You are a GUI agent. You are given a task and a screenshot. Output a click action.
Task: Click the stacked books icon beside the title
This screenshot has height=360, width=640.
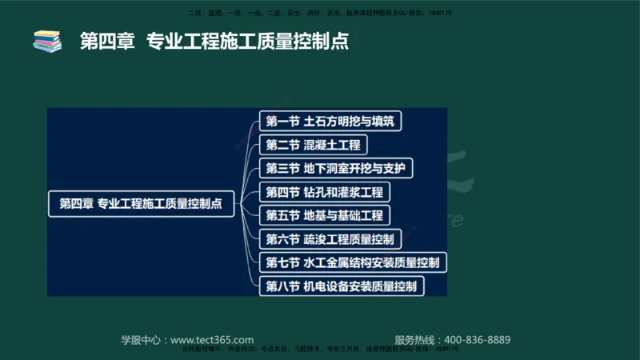click(x=47, y=41)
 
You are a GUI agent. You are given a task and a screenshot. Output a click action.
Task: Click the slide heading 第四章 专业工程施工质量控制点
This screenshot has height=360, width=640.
click(x=214, y=41)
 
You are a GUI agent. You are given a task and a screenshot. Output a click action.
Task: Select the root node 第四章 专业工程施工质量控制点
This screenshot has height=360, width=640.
click(x=141, y=204)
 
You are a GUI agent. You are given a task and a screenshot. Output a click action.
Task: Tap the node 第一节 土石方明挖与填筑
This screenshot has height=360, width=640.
click(x=330, y=122)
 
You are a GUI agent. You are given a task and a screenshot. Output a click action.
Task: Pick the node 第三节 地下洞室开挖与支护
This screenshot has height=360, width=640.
click(x=336, y=169)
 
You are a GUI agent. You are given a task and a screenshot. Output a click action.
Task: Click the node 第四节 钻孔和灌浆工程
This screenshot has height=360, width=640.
click(x=324, y=192)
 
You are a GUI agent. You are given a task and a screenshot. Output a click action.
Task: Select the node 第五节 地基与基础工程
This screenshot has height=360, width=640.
click(x=324, y=215)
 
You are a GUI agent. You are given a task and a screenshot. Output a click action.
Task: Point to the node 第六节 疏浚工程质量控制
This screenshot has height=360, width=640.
click(x=330, y=239)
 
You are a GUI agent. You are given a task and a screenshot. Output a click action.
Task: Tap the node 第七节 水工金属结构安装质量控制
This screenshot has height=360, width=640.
click(x=352, y=262)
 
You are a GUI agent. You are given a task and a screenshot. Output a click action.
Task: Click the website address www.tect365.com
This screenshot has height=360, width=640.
click(x=212, y=340)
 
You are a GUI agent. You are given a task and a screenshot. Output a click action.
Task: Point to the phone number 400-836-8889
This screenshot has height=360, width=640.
click(x=477, y=340)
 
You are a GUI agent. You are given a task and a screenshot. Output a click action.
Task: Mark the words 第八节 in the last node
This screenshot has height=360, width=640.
click(x=282, y=286)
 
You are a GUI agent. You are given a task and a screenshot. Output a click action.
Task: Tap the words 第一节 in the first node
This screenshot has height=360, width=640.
click(x=282, y=122)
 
